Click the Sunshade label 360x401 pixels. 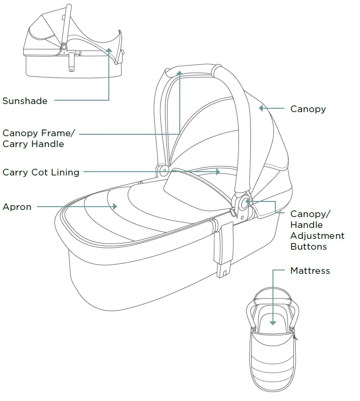(25, 101)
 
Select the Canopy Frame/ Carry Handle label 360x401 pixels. (39, 139)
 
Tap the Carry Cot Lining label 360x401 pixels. (41, 172)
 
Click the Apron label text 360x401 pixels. (17, 207)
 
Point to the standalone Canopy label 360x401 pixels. (308, 109)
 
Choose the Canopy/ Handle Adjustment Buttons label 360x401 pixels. (317, 230)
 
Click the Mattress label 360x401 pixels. (310, 271)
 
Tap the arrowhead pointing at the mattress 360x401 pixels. (273, 322)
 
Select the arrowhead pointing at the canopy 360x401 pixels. (261, 108)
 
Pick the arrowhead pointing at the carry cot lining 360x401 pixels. (218, 172)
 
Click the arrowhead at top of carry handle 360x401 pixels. (180, 73)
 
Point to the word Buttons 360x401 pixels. (308, 246)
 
